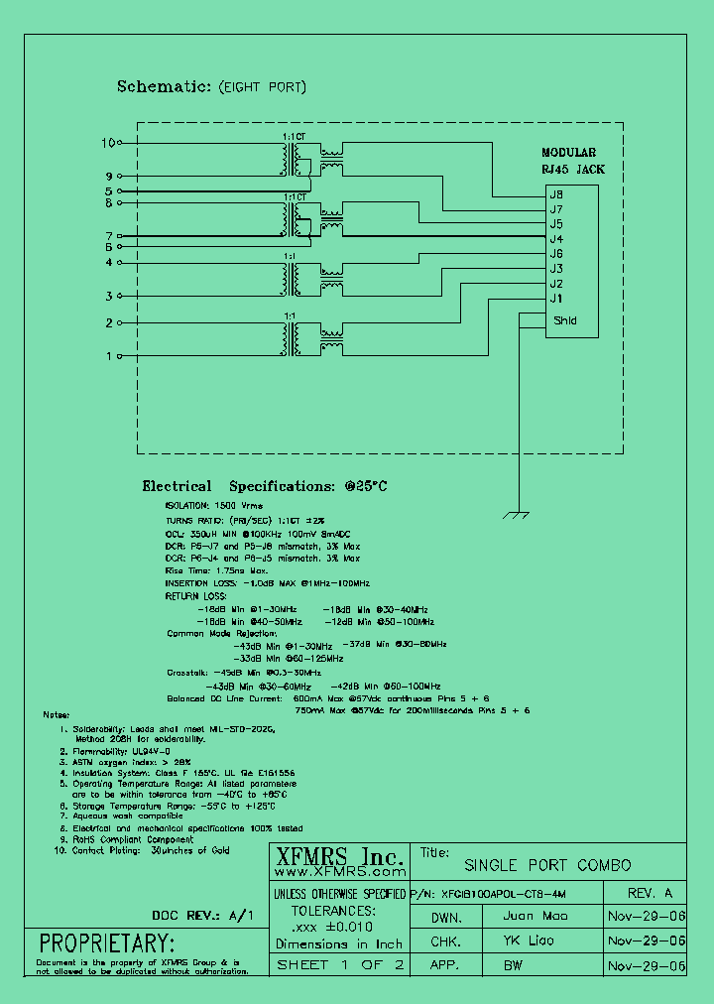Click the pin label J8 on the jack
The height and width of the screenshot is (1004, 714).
tap(556, 195)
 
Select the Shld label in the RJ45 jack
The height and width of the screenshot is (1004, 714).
tap(564, 320)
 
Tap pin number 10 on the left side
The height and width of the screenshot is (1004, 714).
tap(109, 143)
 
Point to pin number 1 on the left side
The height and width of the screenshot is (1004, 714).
tap(109, 355)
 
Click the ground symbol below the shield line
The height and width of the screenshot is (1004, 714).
tap(516, 516)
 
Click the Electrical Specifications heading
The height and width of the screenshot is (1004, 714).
tap(263, 487)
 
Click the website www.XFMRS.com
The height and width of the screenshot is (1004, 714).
tap(337, 873)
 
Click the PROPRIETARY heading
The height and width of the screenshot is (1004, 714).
tap(106, 942)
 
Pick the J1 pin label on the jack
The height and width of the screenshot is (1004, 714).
tap(556, 299)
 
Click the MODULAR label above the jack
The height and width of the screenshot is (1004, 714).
tap(568, 153)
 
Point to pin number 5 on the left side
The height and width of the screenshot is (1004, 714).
tap(109, 190)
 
